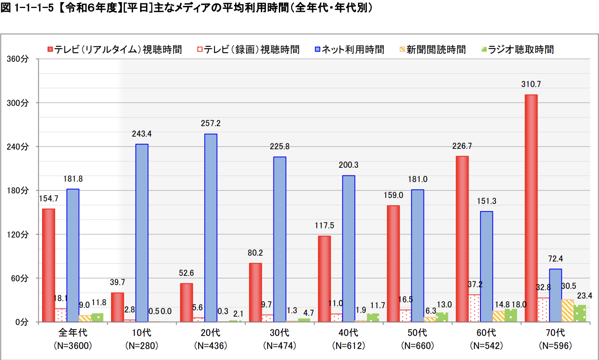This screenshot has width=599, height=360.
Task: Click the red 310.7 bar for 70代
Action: coord(531,208)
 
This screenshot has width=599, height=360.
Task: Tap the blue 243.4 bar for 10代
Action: coord(142,233)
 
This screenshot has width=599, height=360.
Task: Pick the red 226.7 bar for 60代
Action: coord(462,239)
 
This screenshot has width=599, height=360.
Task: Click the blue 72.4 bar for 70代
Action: coord(555,295)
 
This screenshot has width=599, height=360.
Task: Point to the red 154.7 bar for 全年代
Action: coord(48,265)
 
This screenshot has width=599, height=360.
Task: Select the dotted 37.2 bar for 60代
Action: coord(474,308)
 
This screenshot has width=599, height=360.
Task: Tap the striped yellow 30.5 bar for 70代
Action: coord(567,311)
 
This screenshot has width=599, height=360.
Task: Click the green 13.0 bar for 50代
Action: coord(442,317)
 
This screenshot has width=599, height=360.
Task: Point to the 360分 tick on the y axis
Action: coord(18,59)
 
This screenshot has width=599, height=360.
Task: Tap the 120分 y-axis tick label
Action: coord(18,235)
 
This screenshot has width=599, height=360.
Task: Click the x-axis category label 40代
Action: coord(348,333)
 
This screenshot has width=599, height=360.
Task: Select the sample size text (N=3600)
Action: coord(73,346)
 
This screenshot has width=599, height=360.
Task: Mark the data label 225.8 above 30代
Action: coord(280,147)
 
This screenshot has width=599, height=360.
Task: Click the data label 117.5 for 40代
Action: coord(324,226)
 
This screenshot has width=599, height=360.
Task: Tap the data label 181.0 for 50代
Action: coord(418,180)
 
